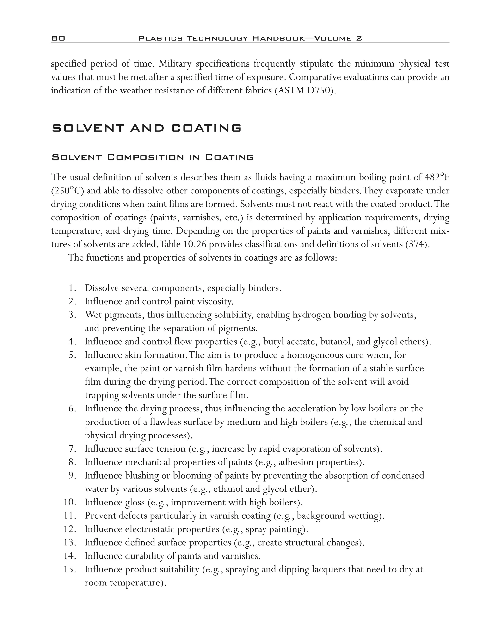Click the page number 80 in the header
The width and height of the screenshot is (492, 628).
(58, 38)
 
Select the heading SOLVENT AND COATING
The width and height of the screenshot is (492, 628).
(147, 128)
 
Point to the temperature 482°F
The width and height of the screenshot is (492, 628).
(437, 177)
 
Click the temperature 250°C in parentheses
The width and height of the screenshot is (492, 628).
(68, 191)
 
